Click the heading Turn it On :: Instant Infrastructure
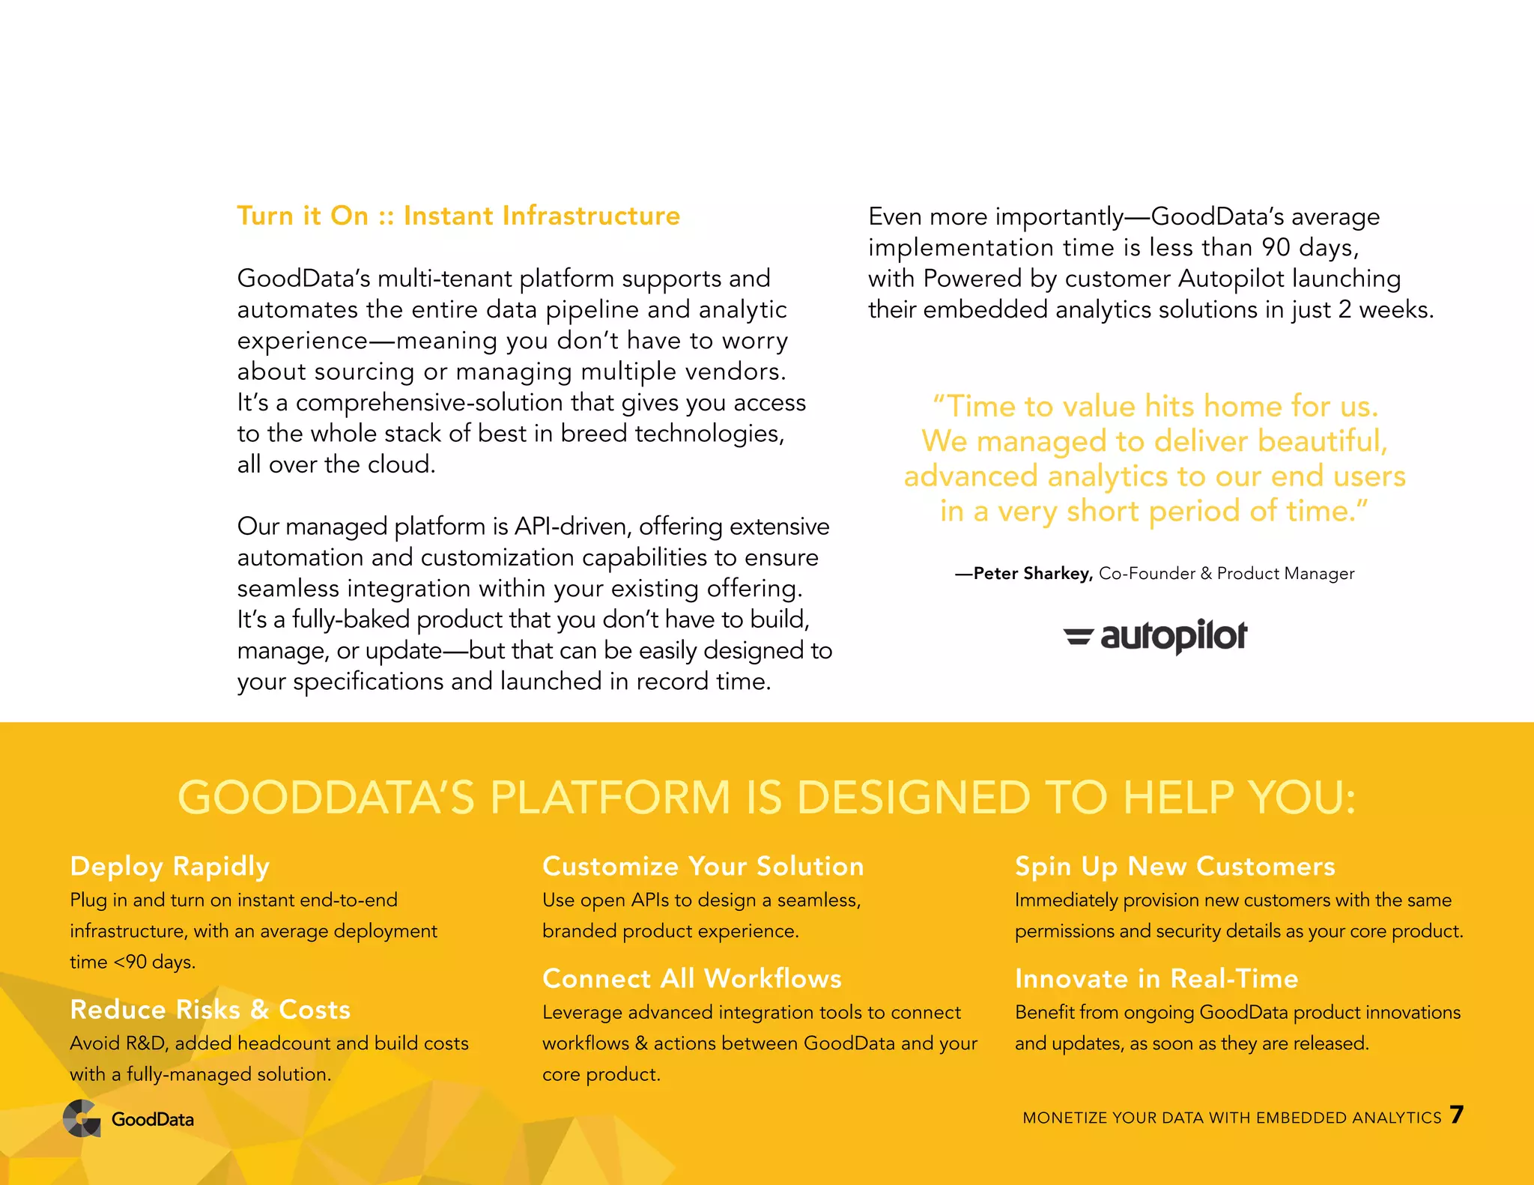tap(458, 216)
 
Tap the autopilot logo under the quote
tap(1155, 637)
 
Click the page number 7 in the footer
tap(1456, 1115)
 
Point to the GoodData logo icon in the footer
tap(82, 1119)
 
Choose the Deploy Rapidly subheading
tap(169, 867)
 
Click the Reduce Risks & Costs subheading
tap(210, 1010)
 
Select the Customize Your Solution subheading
tap(703, 867)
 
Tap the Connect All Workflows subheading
tap(692, 979)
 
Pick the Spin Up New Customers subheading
tap(1174, 867)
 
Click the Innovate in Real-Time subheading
tap(1156, 979)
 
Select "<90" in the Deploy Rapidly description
tap(130, 962)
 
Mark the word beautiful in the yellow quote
tap(1322, 441)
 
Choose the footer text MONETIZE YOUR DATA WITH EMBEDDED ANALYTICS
tap(1231, 1118)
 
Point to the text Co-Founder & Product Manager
tap(1226, 574)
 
